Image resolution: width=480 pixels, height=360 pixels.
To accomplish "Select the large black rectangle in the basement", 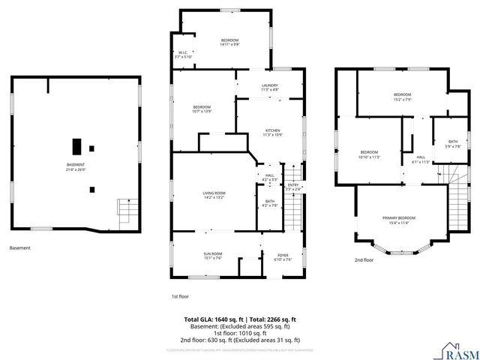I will pyautogui.click(x=76, y=145).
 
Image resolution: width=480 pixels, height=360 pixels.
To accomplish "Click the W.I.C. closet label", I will pyautogui.click(x=184, y=54).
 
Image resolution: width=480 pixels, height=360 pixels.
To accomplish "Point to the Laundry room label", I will pyautogui.click(x=270, y=88).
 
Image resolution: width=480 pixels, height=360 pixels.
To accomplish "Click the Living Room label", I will pyautogui.click(x=214, y=195).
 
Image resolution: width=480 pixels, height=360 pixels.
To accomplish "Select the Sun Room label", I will pyautogui.click(x=213, y=256).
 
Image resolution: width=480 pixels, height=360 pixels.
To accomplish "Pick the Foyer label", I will pyautogui.click(x=283, y=256).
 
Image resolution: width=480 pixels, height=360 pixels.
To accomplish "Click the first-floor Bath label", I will pyautogui.click(x=270, y=203).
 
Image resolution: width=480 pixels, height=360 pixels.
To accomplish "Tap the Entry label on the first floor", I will pyautogui.click(x=293, y=187).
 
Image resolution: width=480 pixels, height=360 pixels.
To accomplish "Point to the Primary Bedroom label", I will pyautogui.click(x=402, y=220).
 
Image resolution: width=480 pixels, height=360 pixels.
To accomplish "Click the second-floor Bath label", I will pyautogui.click(x=452, y=143).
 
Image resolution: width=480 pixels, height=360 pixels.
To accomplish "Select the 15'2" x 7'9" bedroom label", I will pyautogui.click(x=402, y=96).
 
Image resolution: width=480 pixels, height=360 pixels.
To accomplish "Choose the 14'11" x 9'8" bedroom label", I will pyautogui.click(x=229, y=42).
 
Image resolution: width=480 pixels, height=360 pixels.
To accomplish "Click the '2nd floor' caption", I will pyautogui.click(x=364, y=260).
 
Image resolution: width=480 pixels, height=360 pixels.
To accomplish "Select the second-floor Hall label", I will pyautogui.click(x=421, y=158).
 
